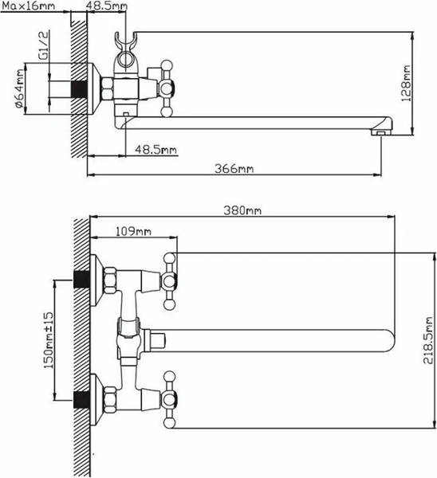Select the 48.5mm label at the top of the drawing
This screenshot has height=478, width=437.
(106, 6)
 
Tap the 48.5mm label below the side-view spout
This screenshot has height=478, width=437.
(156, 149)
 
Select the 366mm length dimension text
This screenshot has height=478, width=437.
(234, 168)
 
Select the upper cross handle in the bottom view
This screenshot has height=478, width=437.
(169, 278)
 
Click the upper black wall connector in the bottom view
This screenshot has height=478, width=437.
(80, 280)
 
